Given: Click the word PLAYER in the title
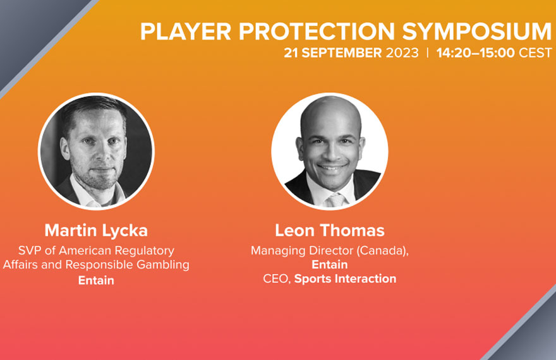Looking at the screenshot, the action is coord(186,32).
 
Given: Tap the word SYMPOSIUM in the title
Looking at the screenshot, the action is coord(477,32).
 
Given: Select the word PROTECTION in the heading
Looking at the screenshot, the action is coord(317,32).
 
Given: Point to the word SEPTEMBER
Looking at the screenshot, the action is coord(341,53).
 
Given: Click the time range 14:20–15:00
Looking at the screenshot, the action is coord(475,53).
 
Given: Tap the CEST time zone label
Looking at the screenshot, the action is coord(535,53).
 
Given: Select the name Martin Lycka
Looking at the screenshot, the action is coord(96,231).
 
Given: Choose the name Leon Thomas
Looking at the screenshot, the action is coord(330,231).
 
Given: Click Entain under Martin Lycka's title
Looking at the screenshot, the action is coord(96,280).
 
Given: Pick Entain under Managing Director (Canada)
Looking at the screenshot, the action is coord(330,265).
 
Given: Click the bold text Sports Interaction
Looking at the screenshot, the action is coord(346,279).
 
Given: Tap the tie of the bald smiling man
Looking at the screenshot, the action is coord(335,200).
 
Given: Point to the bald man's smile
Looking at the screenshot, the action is coord(332,167).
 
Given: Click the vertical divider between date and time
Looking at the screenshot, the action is coord(428,53).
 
